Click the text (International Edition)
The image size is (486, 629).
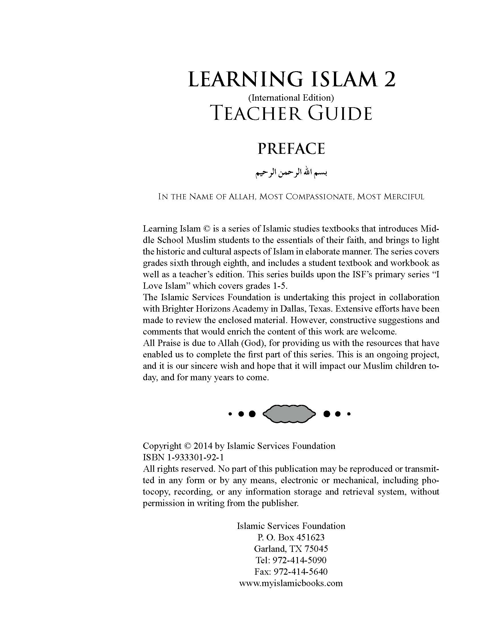[x=291, y=97]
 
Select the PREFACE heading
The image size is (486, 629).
[x=291, y=149]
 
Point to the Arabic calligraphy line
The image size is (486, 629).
[x=292, y=173]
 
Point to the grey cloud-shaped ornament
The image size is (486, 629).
[x=289, y=414]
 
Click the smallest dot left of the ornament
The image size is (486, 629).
[x=230, y=414]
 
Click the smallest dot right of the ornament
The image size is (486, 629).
[x=349, y=414]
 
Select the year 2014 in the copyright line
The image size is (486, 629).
[x=203, y=446]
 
